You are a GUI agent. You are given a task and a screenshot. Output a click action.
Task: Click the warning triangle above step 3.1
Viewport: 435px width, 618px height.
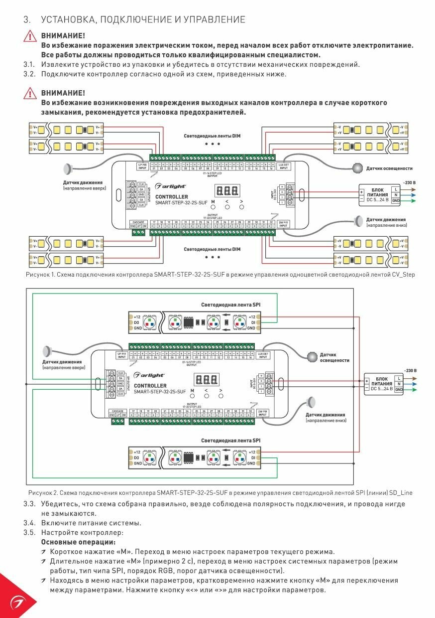pos(30,37)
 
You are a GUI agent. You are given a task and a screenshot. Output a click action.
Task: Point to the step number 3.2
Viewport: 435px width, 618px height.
pos(29,74)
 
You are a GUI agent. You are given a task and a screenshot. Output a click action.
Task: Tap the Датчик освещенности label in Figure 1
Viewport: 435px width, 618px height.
pos(389,168)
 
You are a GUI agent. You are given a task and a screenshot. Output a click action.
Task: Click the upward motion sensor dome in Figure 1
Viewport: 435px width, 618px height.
pos(69,168)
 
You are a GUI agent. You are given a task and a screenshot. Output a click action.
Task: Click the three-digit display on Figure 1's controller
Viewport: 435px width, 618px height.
pos(226,191)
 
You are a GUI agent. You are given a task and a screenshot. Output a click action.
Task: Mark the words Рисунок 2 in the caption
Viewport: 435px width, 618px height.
pos(42,493)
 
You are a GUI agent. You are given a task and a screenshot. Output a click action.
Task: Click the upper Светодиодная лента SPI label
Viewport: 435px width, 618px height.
pos(230,305)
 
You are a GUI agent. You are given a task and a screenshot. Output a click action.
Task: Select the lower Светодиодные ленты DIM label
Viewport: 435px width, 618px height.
pos(212,249)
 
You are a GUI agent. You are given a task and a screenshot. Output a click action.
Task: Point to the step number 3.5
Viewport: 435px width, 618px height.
pos(29,532)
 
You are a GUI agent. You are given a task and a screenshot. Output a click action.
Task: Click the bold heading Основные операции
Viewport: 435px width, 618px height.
pos(78,542)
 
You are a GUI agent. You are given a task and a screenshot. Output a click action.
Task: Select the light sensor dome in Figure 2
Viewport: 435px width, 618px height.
pos(311,356)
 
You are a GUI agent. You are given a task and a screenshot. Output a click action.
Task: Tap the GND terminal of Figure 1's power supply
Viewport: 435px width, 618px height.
pos(396,201)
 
